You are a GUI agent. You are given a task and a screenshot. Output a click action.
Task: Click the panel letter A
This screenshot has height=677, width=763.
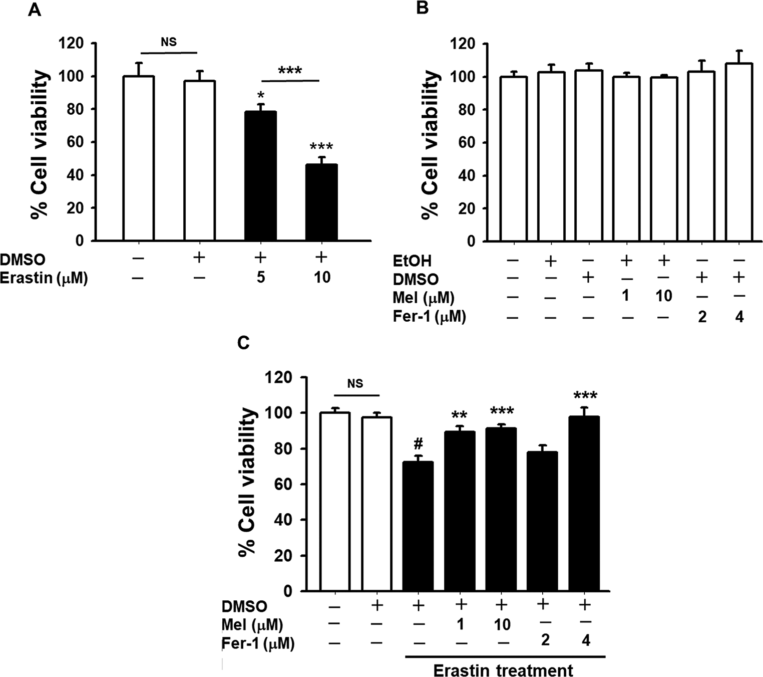tap(35, 10)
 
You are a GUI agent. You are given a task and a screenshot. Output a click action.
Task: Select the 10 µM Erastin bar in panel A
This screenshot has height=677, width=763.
tap(321, 202)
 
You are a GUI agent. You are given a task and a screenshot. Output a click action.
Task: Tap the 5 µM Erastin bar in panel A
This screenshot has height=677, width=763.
tap(260, 176)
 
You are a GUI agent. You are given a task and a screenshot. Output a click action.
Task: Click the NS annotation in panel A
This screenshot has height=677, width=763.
tap(169, 42)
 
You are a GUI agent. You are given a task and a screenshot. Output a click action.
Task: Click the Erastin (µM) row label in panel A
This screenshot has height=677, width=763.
tap(44, 277)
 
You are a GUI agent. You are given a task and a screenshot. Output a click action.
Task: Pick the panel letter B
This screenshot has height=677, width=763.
tap(423, 9)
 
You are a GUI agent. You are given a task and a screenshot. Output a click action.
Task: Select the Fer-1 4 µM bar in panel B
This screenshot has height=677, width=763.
tap(739, 152)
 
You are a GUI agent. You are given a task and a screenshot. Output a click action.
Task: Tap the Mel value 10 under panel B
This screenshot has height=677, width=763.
tap(664, 296)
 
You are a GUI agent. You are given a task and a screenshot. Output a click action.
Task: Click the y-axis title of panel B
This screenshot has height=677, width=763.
tap(431, 143)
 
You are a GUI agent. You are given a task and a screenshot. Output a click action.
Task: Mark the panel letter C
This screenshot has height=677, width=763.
tap(243, 343)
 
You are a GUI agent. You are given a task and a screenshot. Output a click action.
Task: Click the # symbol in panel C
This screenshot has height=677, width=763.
tap(419, 443)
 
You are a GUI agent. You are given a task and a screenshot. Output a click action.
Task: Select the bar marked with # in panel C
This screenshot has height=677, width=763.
tap(418, 526)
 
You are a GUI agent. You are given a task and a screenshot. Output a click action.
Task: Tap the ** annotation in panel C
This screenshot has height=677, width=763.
tap(460, 415)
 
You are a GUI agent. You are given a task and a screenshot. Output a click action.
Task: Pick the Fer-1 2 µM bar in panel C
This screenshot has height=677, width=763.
tap(543, 521)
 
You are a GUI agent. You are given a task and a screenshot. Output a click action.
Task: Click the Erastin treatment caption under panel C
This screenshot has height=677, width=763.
tap(503, 670)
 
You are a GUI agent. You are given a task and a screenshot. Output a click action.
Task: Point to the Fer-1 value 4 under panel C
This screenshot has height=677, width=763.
tap(586, 640)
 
